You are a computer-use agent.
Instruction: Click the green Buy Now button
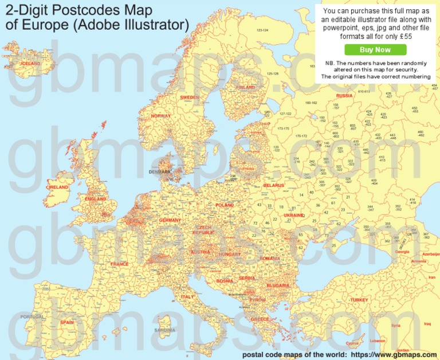click(x=375, y=50)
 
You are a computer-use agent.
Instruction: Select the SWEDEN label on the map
click(x=190, y=97)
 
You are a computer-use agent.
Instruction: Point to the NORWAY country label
click(x=160, y=116)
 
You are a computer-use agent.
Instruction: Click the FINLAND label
click(x=246, y=87)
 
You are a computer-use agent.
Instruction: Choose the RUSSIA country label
click(x=344, y=96)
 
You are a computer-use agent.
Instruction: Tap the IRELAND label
click(x=58, y=187)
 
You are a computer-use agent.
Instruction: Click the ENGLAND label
click(x=95, y=199)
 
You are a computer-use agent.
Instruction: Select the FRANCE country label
click(x=120, y=264)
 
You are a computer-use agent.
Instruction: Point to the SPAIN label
click(x=67, y=322)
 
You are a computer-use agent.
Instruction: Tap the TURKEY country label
click(x=359, y=300)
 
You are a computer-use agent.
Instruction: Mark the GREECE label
click(x=260, y=319)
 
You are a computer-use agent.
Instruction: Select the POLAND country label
click(x=225, y=205)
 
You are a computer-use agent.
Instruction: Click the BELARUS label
click(x=273, y=185)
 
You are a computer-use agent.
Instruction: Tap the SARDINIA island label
click(x=165, y=331)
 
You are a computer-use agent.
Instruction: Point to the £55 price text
click(x=404, y=36)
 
